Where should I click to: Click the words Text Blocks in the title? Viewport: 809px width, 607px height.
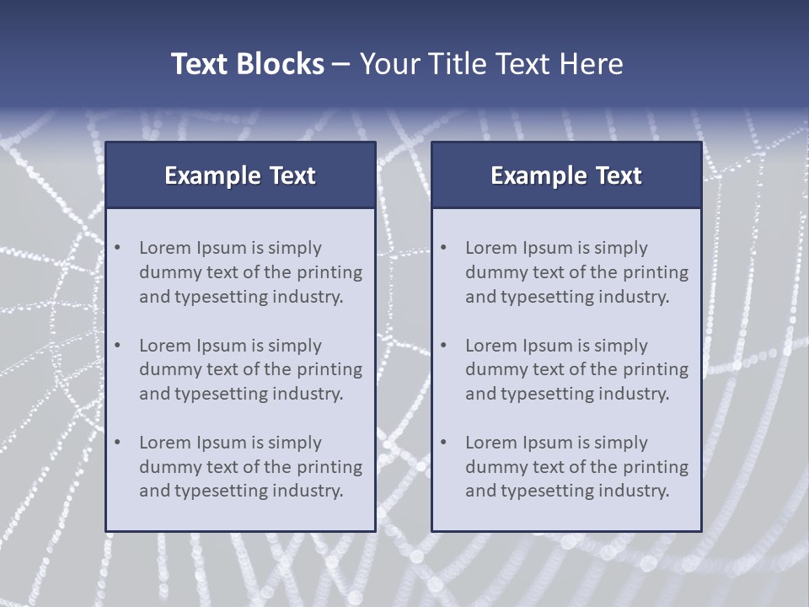[x=248, y=64]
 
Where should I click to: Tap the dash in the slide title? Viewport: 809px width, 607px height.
[x=341, y=65]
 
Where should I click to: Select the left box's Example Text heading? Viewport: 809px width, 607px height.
[x=240, y=175]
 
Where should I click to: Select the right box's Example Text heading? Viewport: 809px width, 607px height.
[x=566, y=175]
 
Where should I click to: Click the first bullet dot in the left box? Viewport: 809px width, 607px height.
[x=118, y=248]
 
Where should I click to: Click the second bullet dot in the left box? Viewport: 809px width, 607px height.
[x=118, y=346]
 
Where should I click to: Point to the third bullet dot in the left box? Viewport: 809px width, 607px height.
[x=118, y=443]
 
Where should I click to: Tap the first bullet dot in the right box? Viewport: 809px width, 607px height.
[x=444, y=248]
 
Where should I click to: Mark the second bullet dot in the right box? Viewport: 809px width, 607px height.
[x=444, y=346]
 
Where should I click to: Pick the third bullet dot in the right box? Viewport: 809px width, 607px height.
[x=444, y=443]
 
